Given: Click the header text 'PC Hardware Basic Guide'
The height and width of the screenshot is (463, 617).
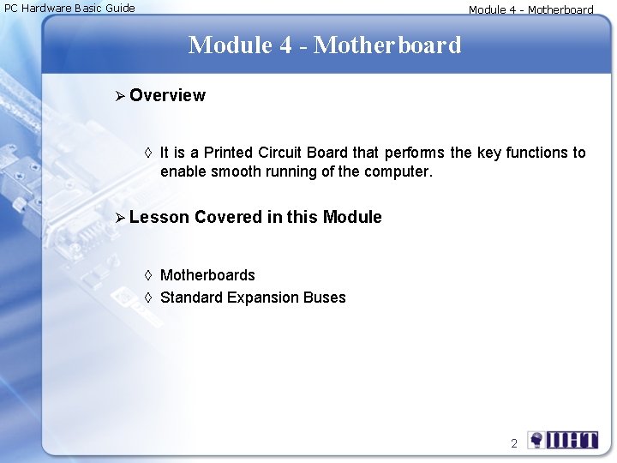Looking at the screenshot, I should tap(70, 9).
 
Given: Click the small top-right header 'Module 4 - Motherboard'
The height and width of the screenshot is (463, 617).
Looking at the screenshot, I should tap(530, 10).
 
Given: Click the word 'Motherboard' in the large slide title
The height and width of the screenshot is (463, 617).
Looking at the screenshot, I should tap(387, 45).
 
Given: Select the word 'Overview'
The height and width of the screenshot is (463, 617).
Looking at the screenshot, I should tap(168, 95).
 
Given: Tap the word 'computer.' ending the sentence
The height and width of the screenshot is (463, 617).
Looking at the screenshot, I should tap(402, 171).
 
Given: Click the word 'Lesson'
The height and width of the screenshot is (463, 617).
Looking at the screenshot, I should tap(159, 217).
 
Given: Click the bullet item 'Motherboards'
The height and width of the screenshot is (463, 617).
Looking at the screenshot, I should tap(207, 275).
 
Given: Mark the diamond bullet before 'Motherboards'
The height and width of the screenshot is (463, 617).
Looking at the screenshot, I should tap(147, 275).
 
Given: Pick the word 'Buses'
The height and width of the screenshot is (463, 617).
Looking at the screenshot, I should tap(324, 298).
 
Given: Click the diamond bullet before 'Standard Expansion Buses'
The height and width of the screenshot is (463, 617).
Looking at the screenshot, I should tap(147, 298).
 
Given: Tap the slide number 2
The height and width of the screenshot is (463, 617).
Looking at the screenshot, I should tap(514, 443).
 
